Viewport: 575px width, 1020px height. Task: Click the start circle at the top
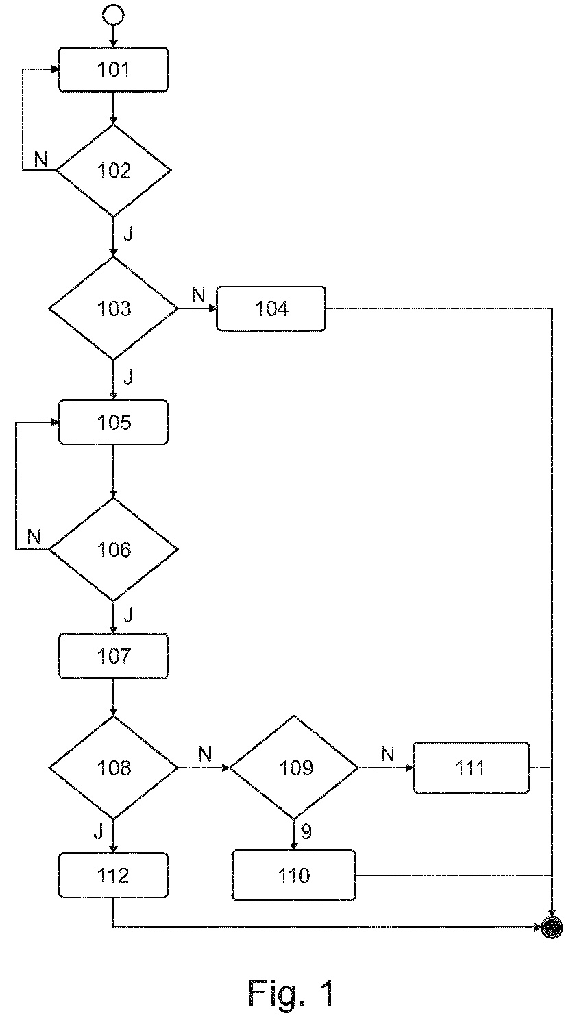[x=113, y=14]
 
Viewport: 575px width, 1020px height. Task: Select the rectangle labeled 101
[x=113, y=70]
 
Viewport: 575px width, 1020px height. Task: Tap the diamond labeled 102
[x=113, y=170]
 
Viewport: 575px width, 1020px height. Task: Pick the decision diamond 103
[x=113, y=308]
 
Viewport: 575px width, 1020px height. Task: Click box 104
[x=271, y=308]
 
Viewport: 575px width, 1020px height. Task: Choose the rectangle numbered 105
[x=113, y=422]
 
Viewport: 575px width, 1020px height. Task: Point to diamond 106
[x=113, y=550]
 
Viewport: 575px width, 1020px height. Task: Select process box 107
[x=113, y=656]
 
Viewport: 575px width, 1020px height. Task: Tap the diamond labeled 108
[x=113, y=768]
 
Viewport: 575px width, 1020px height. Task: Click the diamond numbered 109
[x=294, y=768]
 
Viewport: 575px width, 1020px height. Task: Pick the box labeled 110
[x=294, y=875]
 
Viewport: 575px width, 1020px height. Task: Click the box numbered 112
[x=113, y=875]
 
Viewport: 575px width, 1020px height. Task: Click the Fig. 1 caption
[x=291, y=993]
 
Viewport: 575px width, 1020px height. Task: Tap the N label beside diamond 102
[x=41, y=159]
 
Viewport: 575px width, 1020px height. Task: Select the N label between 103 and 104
[x=199, y=295]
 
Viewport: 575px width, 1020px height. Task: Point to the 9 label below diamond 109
[x=306, y=832]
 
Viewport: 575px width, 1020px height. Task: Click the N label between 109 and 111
[x=387, y=755]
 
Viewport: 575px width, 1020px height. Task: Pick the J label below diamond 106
[x=128, y=615]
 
